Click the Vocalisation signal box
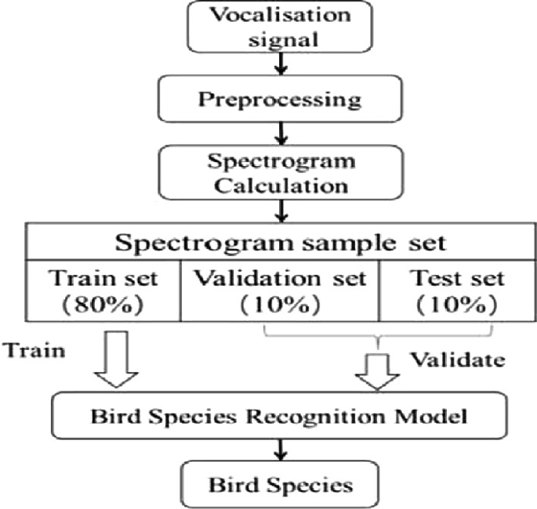point(269,26)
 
